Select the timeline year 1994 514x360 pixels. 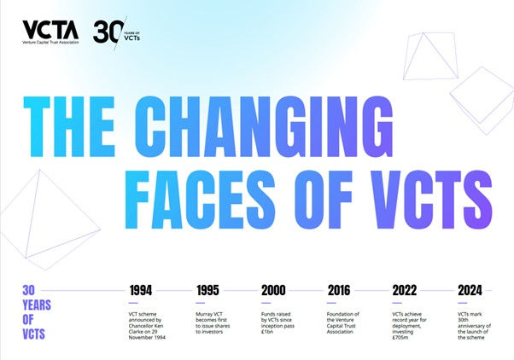(x=146, y=290)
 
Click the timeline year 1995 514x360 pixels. (x=213, y=290)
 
